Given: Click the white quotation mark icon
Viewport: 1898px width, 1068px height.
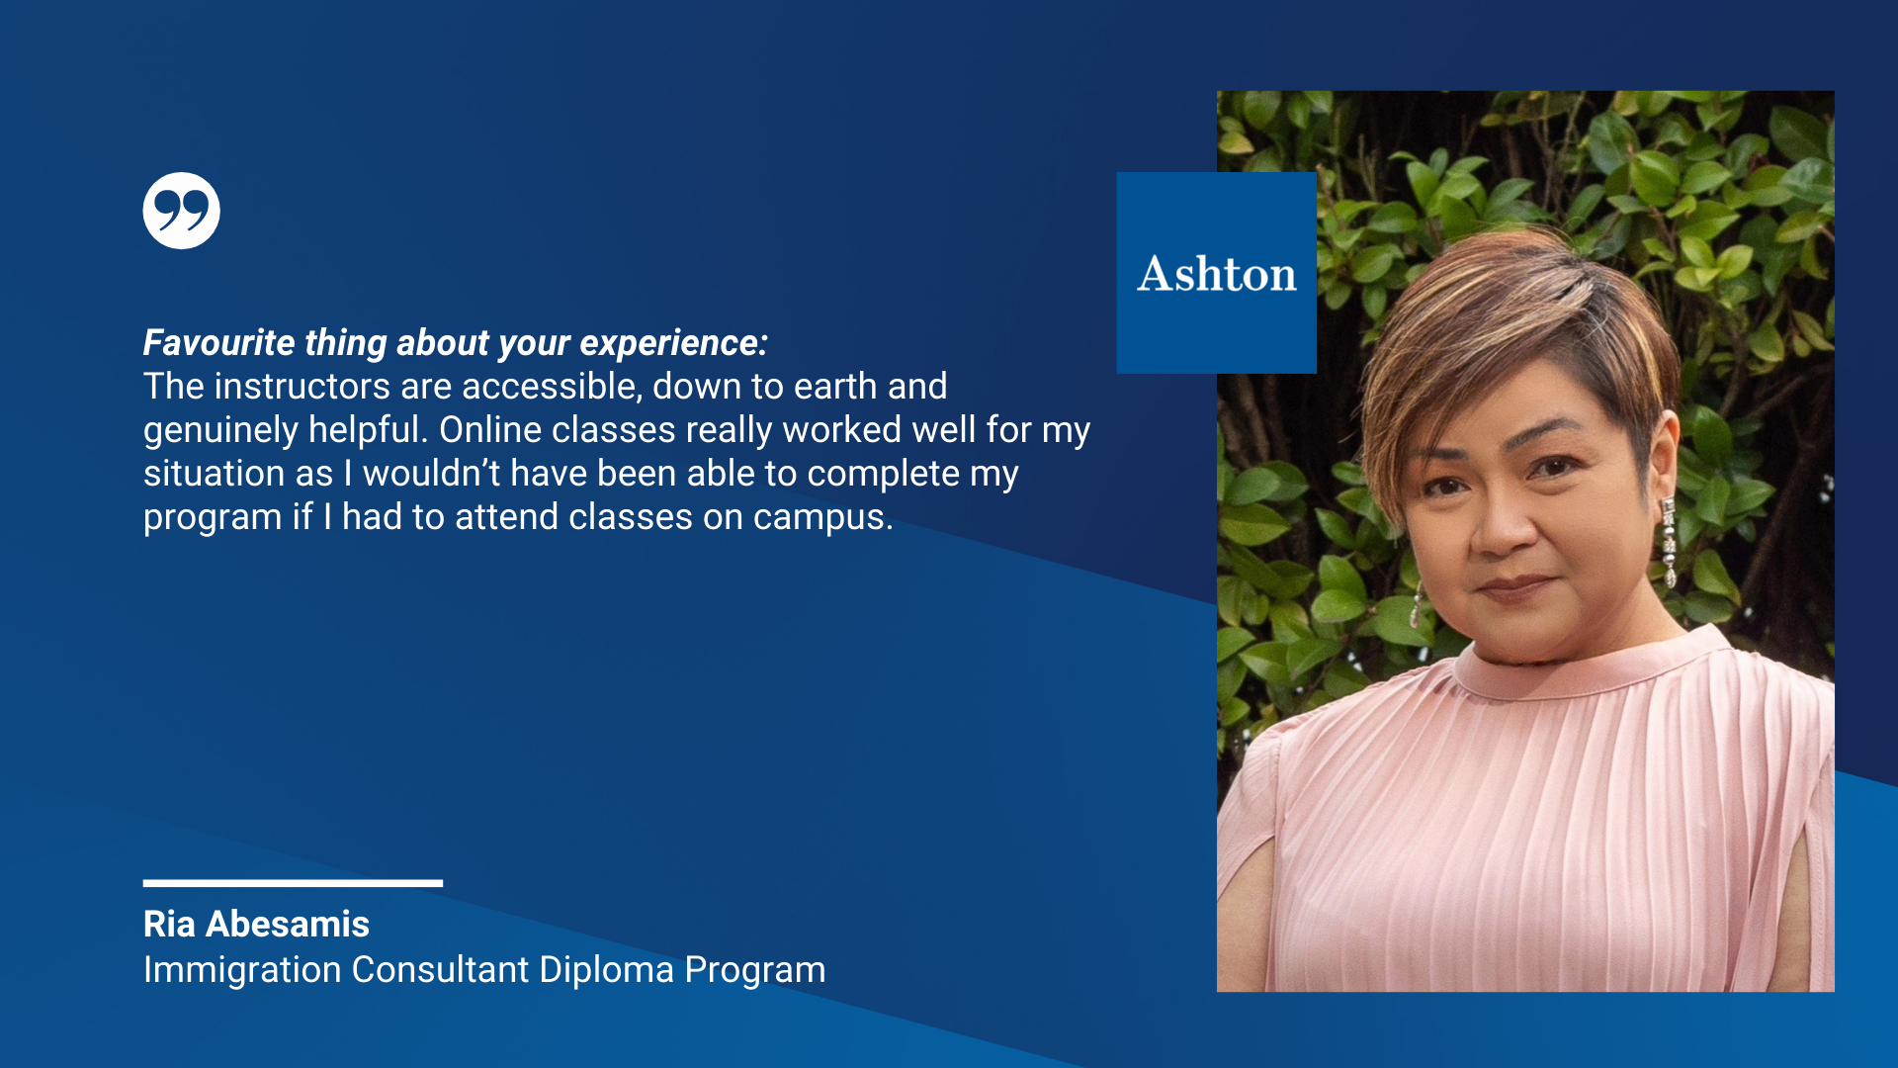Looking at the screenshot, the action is coord(181,211).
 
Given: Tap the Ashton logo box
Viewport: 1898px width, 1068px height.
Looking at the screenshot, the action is coord(1216,273).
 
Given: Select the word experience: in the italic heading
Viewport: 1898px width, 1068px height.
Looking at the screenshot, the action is coord(673,343).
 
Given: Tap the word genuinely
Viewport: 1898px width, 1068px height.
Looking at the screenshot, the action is coord(220,431).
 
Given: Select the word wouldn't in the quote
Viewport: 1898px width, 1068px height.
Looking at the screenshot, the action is coord(431,474).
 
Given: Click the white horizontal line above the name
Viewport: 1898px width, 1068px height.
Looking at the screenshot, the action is coord(293,883).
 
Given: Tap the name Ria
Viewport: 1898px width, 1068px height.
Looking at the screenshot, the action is coord(169,924).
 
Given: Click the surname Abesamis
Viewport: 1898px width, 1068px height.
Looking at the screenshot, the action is coord(288,924).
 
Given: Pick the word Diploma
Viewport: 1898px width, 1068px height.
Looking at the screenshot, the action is coord(606,970).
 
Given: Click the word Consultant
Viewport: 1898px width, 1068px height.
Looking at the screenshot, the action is coord(440,970).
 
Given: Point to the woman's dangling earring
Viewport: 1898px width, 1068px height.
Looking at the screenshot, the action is coord(1669,543).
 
